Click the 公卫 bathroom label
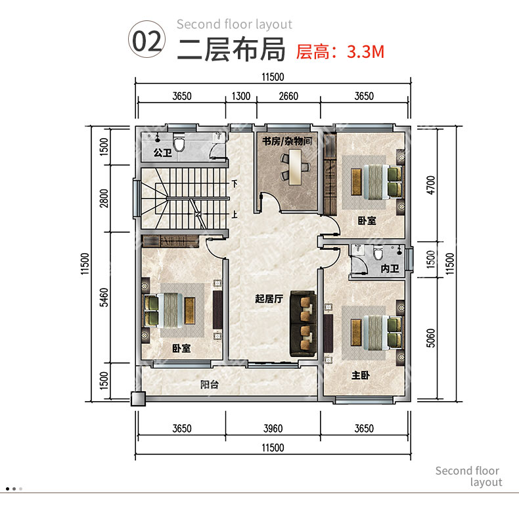point(162,153)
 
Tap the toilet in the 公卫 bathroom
point(179,142)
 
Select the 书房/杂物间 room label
point(287,141)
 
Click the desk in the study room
point(295,167)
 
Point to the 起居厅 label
point(269,299)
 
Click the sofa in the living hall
point(304,324)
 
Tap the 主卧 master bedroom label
point(361,375)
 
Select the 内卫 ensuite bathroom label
point(390,268)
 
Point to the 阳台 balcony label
point(210,385)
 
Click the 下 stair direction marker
point(235,183)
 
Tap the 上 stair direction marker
point(235,214)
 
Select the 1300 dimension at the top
point(241,96)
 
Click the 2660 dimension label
point(288,96)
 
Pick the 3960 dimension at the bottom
point(273,429)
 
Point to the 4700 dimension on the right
point(430,185)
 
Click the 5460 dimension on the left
point(104,297)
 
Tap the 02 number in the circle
point(147,41)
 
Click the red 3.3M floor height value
point(365,52)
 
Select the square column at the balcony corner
point(138,398)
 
